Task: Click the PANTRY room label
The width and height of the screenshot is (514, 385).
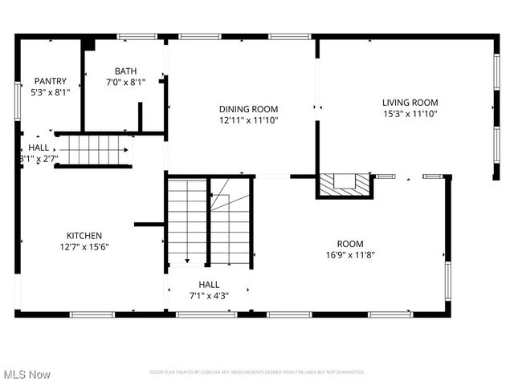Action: pos(50,81)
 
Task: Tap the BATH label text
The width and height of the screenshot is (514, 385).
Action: pos(125,71)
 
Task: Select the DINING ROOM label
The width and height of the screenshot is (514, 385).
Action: pos(249,109)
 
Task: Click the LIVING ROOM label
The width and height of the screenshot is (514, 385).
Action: pos(410,102)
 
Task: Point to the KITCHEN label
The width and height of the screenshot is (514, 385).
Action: pos(84,236)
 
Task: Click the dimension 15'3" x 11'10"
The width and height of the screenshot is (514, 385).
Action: pos(410,113)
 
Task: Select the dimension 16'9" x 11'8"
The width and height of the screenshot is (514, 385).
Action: pos(350,255)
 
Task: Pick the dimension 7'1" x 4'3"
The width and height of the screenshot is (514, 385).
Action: pos(209,295)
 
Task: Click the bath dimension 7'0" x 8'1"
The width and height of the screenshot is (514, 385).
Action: pos(125,82)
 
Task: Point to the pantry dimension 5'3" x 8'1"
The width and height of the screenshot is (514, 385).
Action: pos(51,92)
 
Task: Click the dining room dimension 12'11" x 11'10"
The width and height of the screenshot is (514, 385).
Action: pos(249,120)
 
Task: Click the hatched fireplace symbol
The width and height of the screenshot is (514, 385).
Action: pos(345,185)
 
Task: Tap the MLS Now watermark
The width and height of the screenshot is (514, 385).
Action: pos(27,375)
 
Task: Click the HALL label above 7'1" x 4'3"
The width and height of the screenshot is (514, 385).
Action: pos(209,284)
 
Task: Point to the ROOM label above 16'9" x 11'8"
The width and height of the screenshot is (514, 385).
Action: pos(350,244)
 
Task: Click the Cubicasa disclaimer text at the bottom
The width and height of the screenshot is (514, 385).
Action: pos(257,372)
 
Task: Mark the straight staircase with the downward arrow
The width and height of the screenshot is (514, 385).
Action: pos(187,221)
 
